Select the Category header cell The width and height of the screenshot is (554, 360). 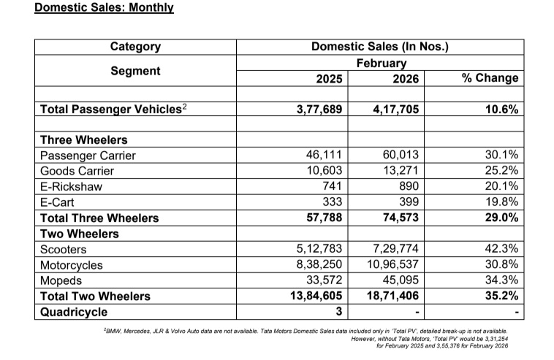tap(135, 47)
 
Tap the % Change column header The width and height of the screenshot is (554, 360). tap(490, 78)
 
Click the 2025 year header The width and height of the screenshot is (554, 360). tap(322, 78)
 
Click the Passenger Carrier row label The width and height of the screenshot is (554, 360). tap(88, 156)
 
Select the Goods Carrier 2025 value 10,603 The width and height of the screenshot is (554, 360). tap(325, 171)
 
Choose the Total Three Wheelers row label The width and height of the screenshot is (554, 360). tap(99, 218)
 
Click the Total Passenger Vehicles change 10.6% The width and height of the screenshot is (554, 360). tap(501, 109)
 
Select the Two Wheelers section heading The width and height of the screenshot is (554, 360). tap(80, 234)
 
